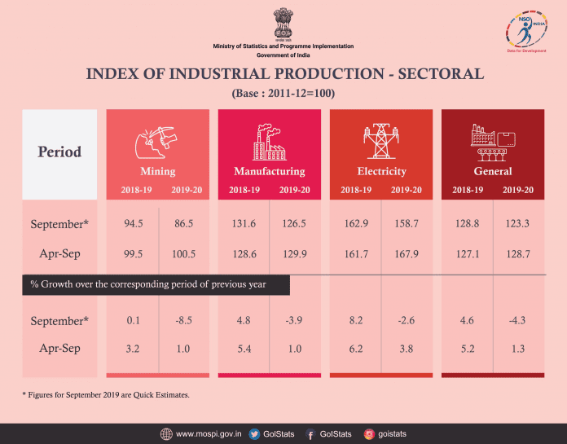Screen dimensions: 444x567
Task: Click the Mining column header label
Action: coord(158,171)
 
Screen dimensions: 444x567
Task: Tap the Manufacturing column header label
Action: coord(270,171)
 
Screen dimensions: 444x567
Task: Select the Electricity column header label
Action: coord(381,171)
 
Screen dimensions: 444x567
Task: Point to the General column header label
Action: coord(493,171)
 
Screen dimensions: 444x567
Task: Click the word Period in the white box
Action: coord(59,152)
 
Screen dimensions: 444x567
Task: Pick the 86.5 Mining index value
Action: coord(184,224)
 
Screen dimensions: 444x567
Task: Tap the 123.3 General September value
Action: coord(518,224)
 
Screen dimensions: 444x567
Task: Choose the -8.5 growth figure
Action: coord(184,320)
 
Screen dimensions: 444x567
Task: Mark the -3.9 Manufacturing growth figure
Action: coord(295,320)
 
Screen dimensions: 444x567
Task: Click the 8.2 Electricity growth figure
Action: coord(356,320)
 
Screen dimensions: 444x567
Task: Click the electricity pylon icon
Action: coord(380,141)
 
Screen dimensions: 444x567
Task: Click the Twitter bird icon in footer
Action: coord(254,433)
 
